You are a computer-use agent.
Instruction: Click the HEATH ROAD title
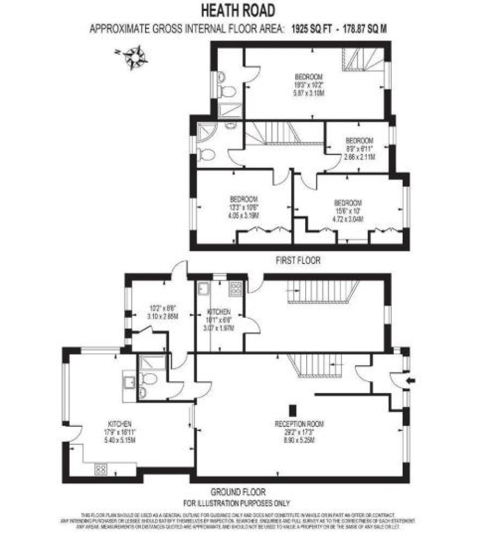(x=238, y=10)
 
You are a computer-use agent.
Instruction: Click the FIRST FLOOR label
(x=298, y=261)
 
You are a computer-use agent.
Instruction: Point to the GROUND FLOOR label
(x=238, y=492)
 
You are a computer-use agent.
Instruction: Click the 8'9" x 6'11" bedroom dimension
(x=359, y=149)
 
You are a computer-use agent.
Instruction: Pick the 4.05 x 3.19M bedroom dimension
(x=244, y=215)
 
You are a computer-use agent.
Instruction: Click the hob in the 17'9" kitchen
(x=100, y=469)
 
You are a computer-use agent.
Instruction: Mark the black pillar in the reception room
(x=292, y=410)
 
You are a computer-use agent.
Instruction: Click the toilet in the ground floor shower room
(x=148, y=379)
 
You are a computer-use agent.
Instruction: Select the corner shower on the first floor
(x=203, y=130)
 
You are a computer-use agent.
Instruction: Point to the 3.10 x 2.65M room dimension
(x=162, y=317)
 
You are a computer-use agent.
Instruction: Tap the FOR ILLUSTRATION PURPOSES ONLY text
(x=237, y=503)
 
